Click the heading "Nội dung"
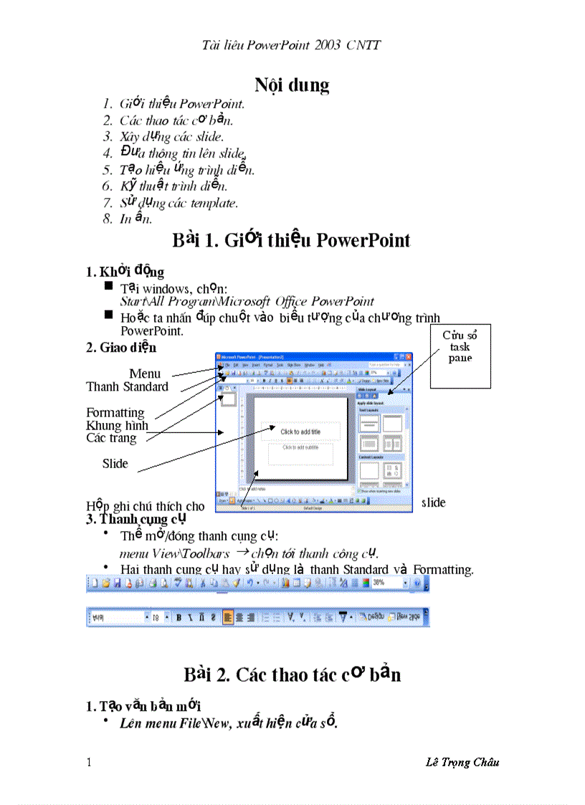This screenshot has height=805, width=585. coord(292,85)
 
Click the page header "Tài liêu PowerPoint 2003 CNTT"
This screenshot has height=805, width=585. coord(291,45)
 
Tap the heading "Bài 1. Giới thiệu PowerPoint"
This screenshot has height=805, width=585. coord(291,239)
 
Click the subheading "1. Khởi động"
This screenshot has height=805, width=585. coord(125,272)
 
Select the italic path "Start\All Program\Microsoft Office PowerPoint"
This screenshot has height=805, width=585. coord(247,302)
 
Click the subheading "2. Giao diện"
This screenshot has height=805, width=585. coord(121,348)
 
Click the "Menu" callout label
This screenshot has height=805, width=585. coord(145,373)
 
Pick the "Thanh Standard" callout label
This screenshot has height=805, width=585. coord(127,387)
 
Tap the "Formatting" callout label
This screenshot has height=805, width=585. coord(115,413)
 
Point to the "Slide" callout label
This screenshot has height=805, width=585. coord(115,464)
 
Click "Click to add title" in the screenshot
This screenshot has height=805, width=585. coord(300,432)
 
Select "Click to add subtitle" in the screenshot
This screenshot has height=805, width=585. coord(300,447)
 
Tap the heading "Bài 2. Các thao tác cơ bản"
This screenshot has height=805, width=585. coord(292,675)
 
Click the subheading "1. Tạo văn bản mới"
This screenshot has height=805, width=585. coord(138,706)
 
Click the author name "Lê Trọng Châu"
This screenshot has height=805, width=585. coord(462,762)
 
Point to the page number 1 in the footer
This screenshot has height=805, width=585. coord(89,763)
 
